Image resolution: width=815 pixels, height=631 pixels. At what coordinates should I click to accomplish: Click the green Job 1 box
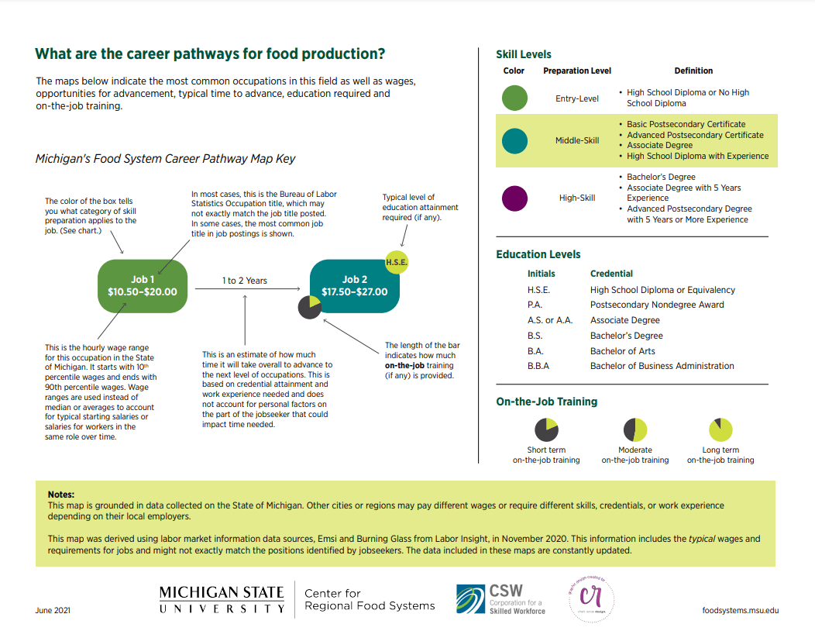[143, 286]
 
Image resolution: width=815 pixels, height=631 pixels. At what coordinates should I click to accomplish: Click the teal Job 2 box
[354, 286]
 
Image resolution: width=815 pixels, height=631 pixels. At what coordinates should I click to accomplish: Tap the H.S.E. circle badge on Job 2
[396, 262]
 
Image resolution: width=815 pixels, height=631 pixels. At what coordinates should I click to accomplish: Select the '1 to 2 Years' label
[244, 281]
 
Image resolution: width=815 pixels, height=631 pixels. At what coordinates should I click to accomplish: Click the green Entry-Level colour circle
[514, 98]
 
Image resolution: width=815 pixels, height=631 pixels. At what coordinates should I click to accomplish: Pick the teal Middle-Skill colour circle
[514, 140]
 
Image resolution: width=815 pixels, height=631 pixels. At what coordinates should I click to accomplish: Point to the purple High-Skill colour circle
[514, 198]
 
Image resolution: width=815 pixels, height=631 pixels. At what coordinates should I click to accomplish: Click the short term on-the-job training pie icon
[546, 429]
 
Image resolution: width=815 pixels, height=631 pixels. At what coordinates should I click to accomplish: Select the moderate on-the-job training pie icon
[635, 429]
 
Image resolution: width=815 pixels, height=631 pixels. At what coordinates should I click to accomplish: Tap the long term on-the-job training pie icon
[720, 429]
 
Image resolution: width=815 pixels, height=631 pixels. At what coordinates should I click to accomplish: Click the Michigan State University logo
[222, 600]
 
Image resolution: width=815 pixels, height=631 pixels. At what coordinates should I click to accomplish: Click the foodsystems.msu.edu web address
[740, 611]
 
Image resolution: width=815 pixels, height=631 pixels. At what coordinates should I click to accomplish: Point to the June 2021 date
[53, 611]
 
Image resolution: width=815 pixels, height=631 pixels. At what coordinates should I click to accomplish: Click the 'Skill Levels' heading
[524, 54]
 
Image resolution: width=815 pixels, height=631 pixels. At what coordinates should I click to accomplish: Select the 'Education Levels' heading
[538, 254]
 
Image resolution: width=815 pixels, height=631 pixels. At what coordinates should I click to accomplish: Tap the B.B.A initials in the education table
[538, 366]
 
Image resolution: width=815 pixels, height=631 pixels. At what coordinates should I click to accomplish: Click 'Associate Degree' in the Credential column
[625, 320]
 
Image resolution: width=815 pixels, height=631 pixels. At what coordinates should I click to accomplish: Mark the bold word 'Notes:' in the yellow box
[61, 494]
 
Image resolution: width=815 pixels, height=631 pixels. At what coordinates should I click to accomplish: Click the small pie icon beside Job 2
[309, 307]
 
